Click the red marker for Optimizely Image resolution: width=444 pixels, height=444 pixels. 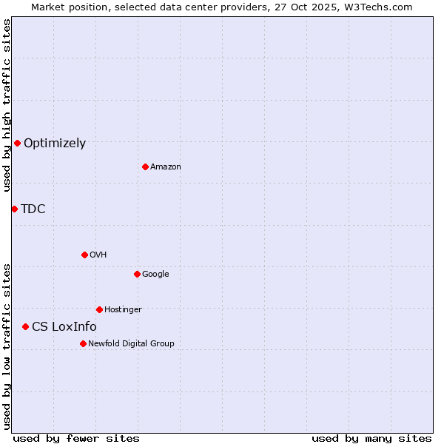click(17, 143)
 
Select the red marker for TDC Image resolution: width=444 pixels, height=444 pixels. click(14, 209)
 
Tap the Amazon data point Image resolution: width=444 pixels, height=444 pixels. click(145, 166)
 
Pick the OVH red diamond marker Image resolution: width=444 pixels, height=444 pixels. click(84, 255)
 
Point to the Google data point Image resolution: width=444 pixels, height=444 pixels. click(137, 274)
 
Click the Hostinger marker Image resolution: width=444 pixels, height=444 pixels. click(99, 309)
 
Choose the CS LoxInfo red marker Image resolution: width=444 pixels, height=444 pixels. click(25, 326)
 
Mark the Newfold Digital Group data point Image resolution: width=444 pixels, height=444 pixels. click(83, 343)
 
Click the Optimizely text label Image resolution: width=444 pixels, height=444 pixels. click(55, 144)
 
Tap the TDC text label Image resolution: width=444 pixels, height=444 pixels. click(33, 209)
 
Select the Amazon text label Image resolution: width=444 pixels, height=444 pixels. click(166, 167)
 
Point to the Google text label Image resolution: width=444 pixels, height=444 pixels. click(155, 275)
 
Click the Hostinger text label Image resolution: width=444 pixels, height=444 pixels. click(123, 310)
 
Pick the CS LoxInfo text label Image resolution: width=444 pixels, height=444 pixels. click(64, 327)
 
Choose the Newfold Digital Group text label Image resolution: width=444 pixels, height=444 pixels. click(131, 344)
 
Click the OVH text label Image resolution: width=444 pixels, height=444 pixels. click(98, 255)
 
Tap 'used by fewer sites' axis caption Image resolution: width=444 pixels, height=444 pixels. click(76, 438)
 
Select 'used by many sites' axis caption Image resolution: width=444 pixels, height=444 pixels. click(371, 438)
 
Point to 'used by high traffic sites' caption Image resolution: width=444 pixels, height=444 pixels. click(7, 105)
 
